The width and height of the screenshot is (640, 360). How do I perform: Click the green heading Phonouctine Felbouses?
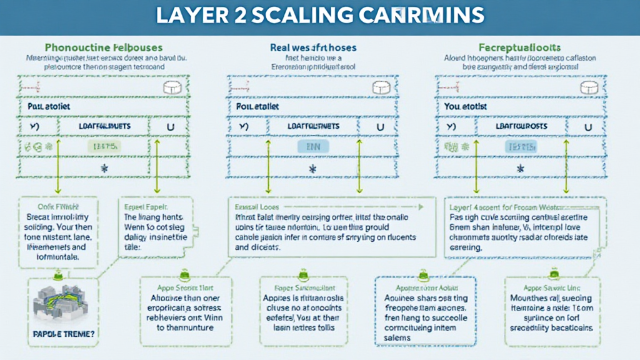[104, 47]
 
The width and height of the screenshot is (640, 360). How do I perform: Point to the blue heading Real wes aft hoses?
[312, 47]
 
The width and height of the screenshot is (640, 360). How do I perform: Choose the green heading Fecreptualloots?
[519, 47]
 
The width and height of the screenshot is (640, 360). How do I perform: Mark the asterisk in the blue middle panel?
[312, 169]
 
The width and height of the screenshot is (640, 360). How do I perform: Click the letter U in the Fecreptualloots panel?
[588, 126]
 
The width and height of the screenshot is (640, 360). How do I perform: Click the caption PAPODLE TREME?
[63, 334]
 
